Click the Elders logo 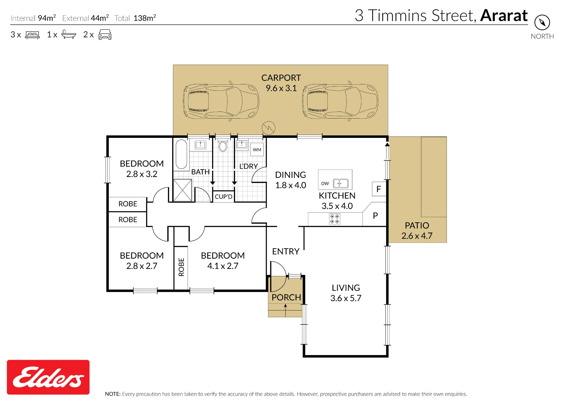click(x=48, y=377)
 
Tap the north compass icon click(x=542, y=22)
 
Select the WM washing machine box click(x=257, y=150)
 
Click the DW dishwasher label click(x=325, y=184)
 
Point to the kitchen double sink click(x=341, y=184)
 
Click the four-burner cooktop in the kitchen click(x=335, y=219)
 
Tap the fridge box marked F click(x=379, y=189)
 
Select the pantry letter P click(x=375, y=215)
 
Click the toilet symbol click(x=223, y=145)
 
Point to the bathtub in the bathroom click(x=181, y=154)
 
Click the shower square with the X click(x=183, y=191)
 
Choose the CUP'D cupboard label click(x=224, y=197)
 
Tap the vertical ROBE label click(x=181, y=267)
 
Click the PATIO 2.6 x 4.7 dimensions click(x=417, y=236)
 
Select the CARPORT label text click(x=281, y=78)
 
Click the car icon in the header click(x=105, y=34)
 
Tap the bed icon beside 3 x click(x=33, y=35)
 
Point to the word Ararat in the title click(x=504, y=15)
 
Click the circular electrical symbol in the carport click(x=268, y=128)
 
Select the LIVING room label click(x=346, y=288)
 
